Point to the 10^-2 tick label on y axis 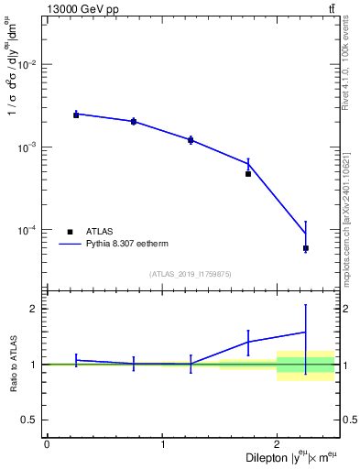[27, 65]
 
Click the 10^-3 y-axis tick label [27, 147]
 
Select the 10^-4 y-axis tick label [27, 230]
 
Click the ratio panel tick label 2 [34, 309]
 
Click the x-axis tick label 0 [47, 444]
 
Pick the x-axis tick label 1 [162, 444]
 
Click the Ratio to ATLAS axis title [12, 364]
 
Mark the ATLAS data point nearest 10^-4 [306, 248]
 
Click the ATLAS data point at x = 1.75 [248, 174]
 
